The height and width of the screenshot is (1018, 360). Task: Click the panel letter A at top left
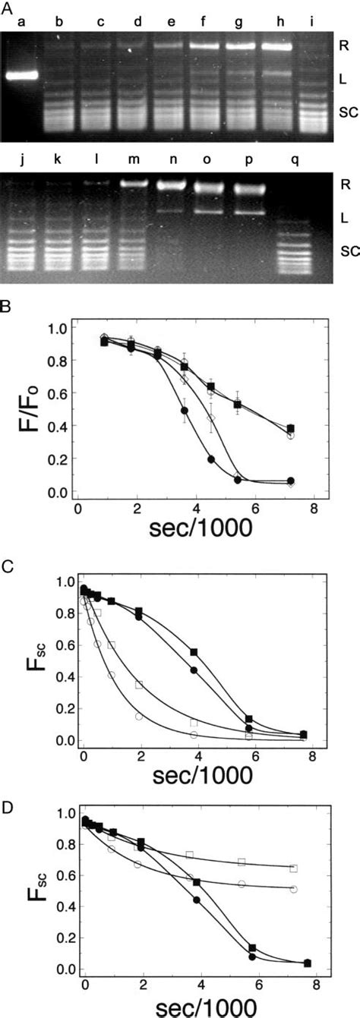[6, 6]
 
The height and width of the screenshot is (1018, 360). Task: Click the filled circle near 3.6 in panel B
[184, 410]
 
